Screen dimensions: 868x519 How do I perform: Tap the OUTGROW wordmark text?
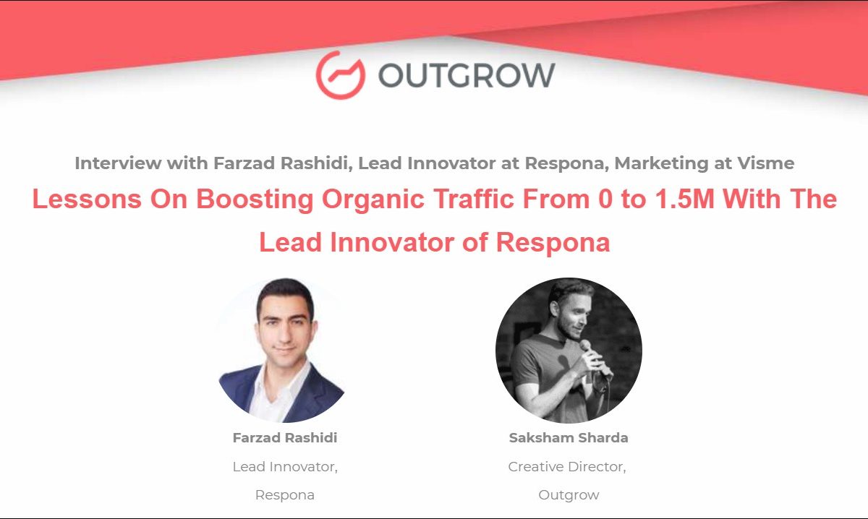467,75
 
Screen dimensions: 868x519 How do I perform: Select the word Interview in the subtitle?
118,163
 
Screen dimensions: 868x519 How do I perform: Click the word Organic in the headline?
373,200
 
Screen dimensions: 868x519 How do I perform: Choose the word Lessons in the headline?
87,199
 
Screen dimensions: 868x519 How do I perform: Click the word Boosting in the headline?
255,200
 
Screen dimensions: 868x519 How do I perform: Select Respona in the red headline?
553,243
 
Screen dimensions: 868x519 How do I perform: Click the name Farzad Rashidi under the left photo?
285,437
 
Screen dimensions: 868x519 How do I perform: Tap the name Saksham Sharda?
569,437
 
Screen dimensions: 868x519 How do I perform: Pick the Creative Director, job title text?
567,467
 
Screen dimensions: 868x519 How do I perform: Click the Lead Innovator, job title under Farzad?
285,467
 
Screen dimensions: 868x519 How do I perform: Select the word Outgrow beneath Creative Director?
569,495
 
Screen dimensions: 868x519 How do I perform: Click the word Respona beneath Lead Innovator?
285,495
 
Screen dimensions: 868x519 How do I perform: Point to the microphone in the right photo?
595,359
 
